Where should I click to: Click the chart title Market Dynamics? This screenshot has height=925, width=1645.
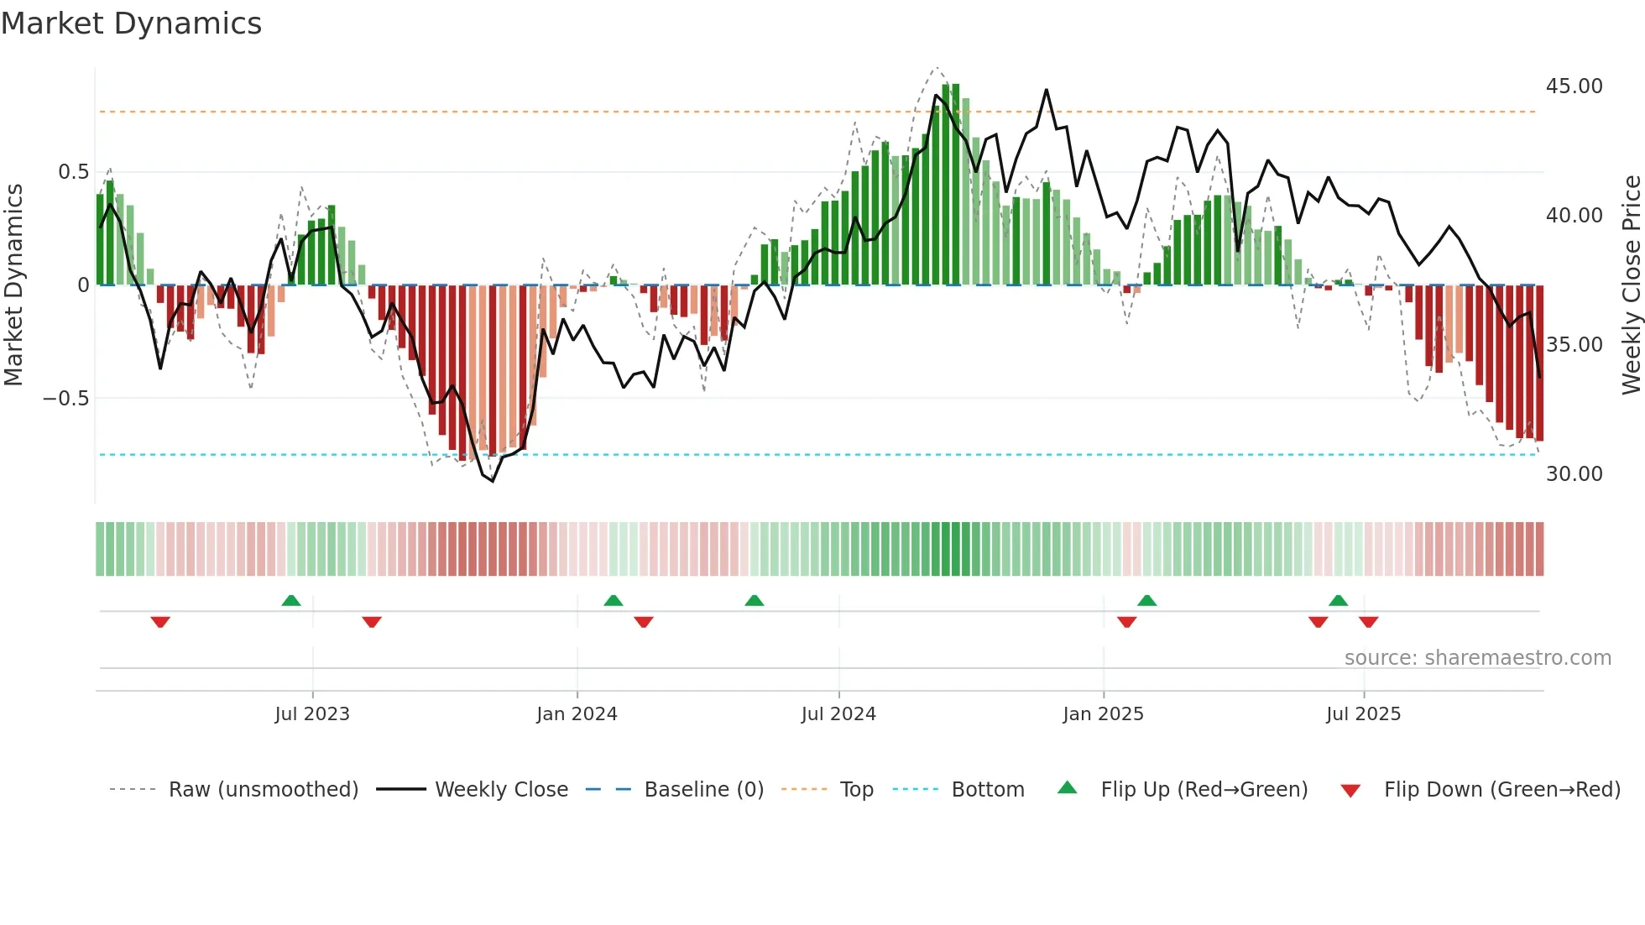131,24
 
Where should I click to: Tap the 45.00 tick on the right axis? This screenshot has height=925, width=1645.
1574,86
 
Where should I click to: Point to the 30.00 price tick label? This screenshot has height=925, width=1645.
1574,474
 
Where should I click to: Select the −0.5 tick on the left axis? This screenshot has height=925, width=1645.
65,399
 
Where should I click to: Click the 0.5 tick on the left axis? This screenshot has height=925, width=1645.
73,172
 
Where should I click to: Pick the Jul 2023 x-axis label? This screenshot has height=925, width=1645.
311,714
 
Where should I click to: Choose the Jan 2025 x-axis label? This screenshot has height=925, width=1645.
1102,714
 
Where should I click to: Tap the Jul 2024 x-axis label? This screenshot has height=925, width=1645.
838,714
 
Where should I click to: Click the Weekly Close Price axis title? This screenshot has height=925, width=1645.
1631,285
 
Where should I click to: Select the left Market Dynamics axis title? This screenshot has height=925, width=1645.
13,285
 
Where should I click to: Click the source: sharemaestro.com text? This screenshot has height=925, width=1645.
1477,658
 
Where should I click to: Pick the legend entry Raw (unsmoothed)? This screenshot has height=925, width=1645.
263,790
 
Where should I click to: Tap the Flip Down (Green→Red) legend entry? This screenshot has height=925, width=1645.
1501,790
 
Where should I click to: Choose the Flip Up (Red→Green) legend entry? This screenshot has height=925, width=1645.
1204,790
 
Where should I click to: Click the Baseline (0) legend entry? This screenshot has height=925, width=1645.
703,790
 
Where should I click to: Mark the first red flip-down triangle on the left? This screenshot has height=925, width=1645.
160,622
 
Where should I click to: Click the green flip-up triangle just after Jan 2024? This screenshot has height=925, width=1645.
614,600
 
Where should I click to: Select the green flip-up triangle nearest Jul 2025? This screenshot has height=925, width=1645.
1338,600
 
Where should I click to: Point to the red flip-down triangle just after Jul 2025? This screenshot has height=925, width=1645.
1368,622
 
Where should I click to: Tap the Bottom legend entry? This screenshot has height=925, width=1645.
987,790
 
